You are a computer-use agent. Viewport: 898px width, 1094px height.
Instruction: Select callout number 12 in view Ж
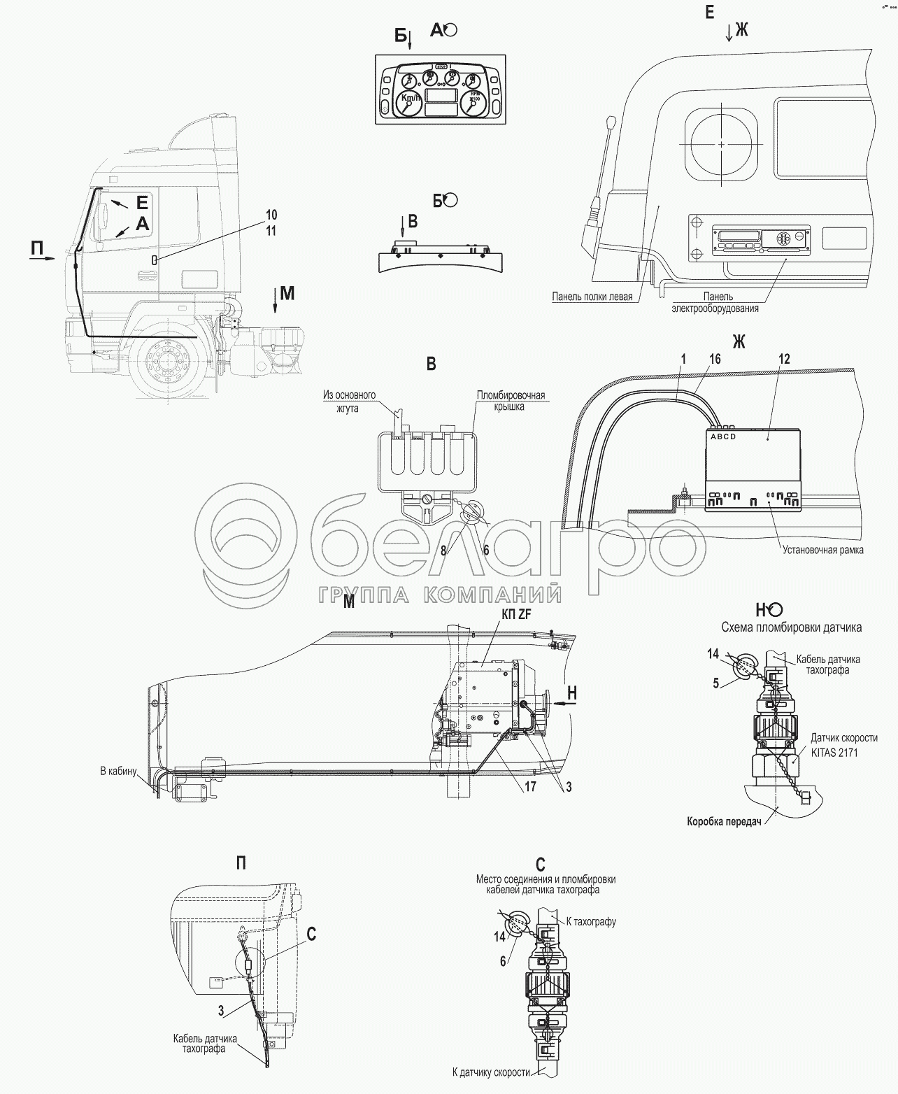coord(784,359)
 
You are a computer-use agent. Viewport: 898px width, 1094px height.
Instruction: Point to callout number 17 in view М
coord(531,786)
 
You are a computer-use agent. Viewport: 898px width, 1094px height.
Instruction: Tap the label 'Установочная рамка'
coord(823,550)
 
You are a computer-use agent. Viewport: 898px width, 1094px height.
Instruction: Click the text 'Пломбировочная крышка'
coord(510,402)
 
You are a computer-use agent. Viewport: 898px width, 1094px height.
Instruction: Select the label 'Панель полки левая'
coord(592,297)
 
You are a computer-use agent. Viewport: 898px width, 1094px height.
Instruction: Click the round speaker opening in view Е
coord(720,143)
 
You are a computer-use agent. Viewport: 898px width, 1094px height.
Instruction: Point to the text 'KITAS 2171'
coord(834,753)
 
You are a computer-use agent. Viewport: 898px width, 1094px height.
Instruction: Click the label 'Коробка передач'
coord(723,822)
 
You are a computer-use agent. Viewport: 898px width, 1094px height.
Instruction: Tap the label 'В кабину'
coord(117,772)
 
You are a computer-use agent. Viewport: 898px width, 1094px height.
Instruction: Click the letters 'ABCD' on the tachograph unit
coord(722,437)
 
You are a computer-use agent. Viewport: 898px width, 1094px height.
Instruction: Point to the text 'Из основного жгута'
coord(349,402)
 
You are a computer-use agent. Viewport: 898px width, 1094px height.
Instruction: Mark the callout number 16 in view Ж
coord(714,359)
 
